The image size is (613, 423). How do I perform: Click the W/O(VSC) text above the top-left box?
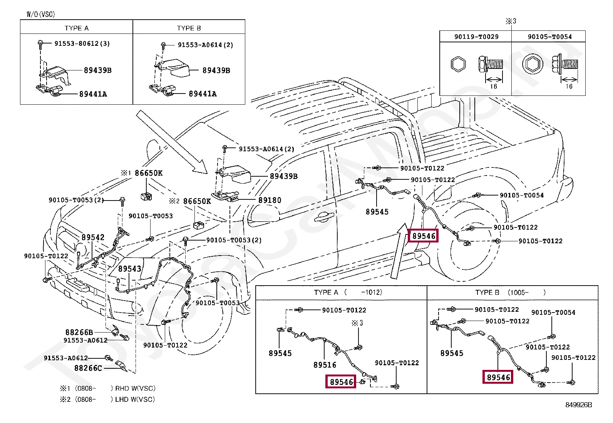pyautogui.click(x=41, y=15)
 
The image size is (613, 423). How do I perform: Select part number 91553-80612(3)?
pyautogui.click(x=82, y=43)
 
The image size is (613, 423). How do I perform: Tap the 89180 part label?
pyautogui.click(x=270, y=200)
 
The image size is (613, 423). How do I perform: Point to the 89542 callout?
pyautogui.click(x=93, y=237)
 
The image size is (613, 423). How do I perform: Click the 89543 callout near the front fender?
pyautogui.click(x=129, y=269)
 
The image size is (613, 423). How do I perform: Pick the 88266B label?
pyautogui.click(x=79, y=332)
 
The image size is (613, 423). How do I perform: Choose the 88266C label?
pyautogui.click(x=88, y=368)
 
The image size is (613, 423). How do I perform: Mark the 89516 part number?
pyautogui.click(x=325, y=365)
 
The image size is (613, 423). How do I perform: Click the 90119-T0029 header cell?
pyautogui.click(x=476, y=37)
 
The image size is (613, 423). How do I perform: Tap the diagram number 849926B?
pyautogui.click(x=578, y=405)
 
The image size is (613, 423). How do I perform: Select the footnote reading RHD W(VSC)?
pyautogui.click(x=135, y=388)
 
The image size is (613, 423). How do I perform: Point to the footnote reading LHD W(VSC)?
pyautogui.click(x=135, y=400)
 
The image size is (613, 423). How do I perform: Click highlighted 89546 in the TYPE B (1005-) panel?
pyautogui.click(x=498, y=377)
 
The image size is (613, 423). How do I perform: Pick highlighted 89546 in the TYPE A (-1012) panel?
pyautogui.click(x=341, y=382)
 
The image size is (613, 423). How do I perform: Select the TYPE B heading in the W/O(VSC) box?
pyautogui.click(x=189, y=28)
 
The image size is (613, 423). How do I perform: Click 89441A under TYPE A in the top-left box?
pyautogui.click(x=93, y=94)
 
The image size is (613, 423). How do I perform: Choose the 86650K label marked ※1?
pyautogui.click(x=148, y=173)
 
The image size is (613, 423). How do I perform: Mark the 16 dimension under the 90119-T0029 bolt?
pyautogui.click(x=493, y=87)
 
